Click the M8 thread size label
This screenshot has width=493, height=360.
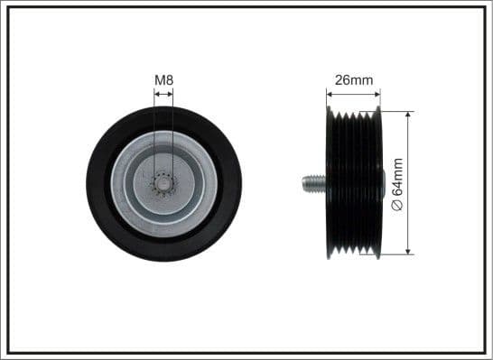click(163, 80)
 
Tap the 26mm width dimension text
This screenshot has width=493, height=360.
click(354, 80)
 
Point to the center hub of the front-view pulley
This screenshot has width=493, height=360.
click(163, 184)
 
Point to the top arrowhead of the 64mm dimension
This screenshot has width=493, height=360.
click(409, 115)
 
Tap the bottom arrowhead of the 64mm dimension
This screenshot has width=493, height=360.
click(409, 253)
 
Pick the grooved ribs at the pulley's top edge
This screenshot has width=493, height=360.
click(355, 115)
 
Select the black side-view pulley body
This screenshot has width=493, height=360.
click(354, 185)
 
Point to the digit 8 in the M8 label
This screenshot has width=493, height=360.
click(169, 80)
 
